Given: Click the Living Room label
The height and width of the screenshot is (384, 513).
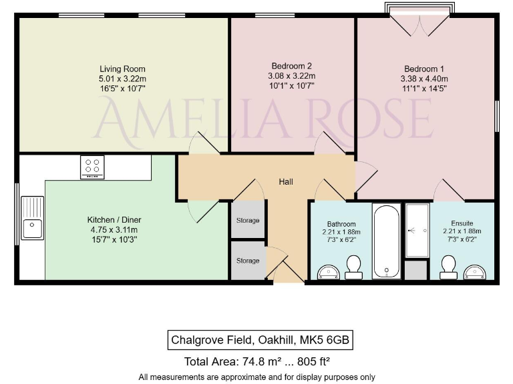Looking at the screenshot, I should point(122,69).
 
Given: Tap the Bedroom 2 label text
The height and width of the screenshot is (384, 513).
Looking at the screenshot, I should point(292,66).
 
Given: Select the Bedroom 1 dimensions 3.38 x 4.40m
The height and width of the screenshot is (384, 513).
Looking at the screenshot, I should point(423,78).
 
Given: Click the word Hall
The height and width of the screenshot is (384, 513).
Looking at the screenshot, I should point(286,182).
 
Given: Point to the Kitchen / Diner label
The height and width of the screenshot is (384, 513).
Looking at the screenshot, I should point(114,220).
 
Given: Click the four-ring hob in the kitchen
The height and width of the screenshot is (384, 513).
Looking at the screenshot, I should point(92,167).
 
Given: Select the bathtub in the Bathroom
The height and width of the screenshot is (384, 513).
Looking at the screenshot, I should point(386,241).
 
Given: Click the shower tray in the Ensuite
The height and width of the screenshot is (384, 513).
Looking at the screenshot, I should point(418,231).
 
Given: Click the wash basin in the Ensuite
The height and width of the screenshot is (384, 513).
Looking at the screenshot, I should point(477,272).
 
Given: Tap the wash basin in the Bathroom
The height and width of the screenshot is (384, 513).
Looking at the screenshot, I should point(327,272).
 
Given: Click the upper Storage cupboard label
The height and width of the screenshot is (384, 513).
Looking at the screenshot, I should point(247,221).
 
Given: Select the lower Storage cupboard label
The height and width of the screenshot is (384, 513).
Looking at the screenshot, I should point(247,261).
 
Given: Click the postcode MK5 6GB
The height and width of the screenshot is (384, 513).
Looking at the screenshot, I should point(325,341).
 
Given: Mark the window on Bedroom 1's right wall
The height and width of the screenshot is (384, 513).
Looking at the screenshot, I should point(496,117).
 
